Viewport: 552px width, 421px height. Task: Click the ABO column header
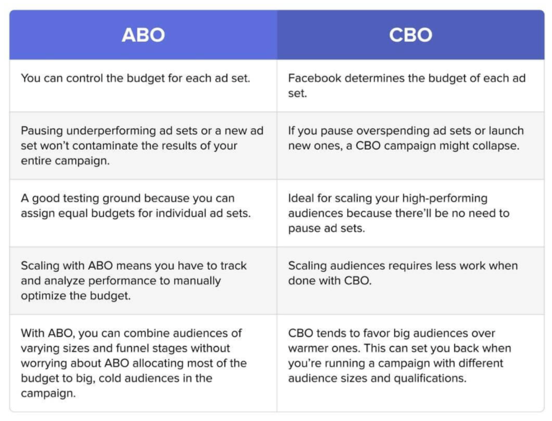point(143,35)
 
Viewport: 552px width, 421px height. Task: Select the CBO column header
point(410,35)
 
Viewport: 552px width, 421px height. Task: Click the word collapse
point(498,146)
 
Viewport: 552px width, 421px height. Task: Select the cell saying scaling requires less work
point(410,280)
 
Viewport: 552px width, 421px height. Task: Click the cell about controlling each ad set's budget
point(143,86)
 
